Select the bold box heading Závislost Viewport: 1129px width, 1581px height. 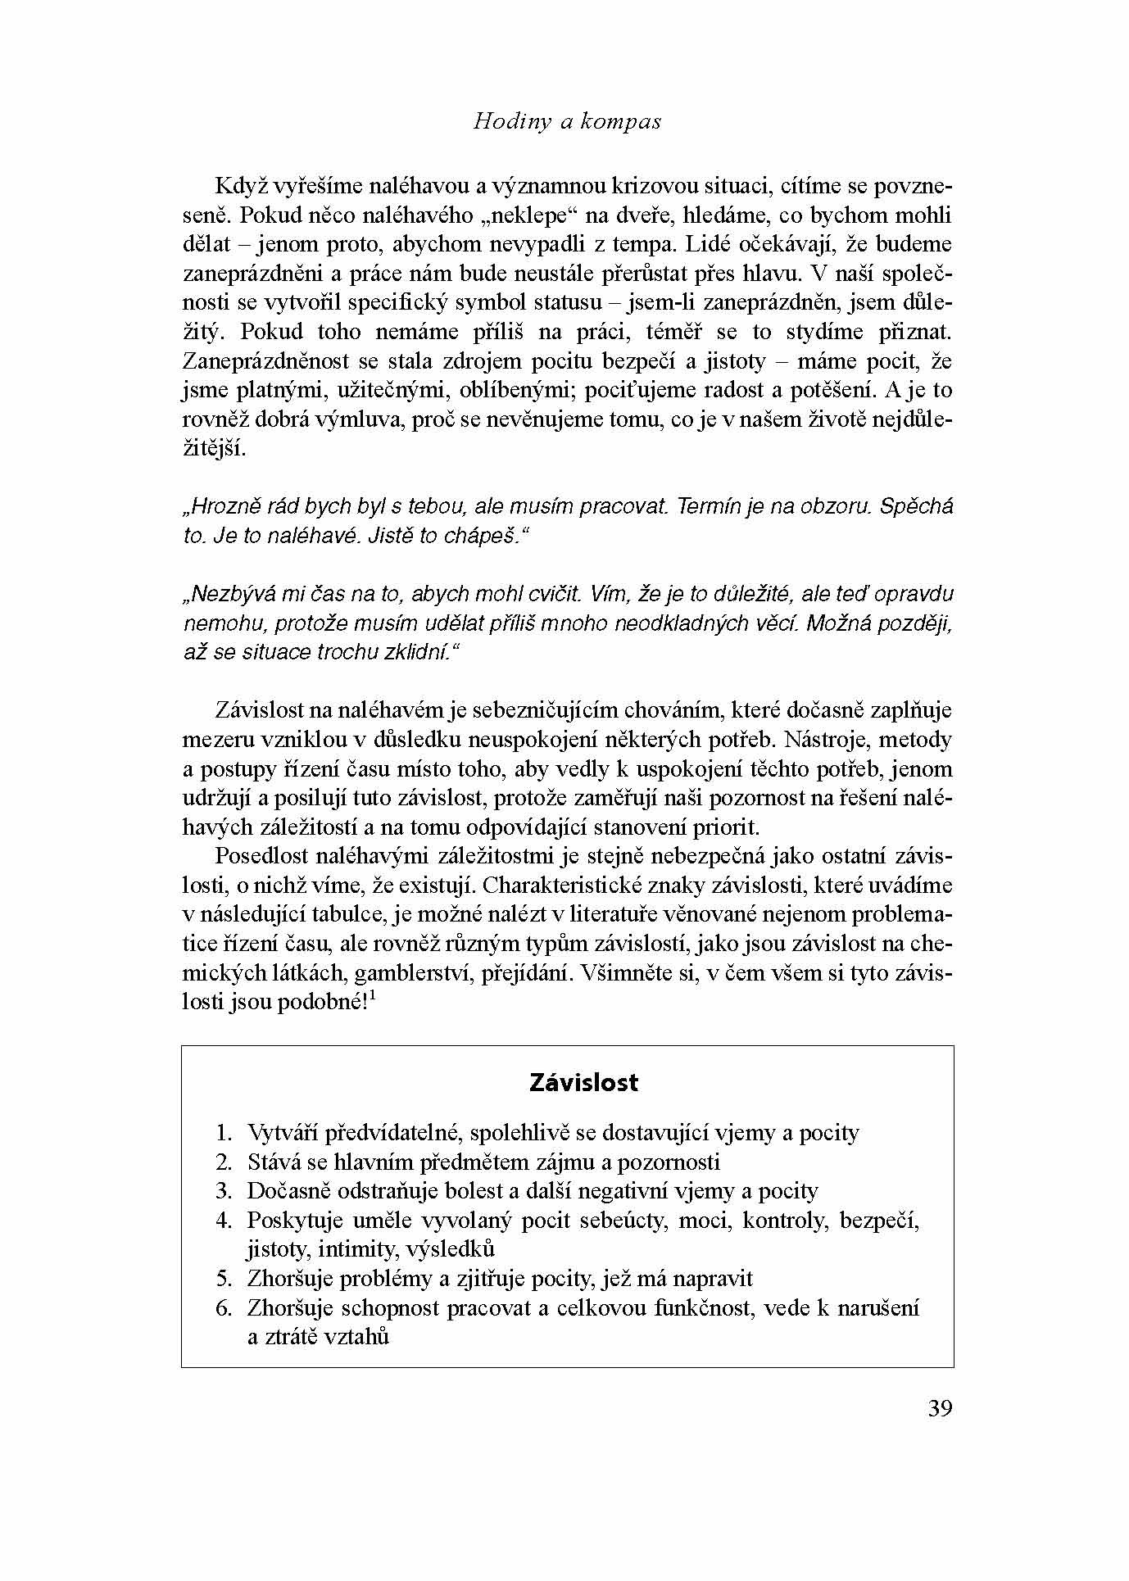click(583, 1082)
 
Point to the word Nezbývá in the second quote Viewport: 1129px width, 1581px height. click(227, 594)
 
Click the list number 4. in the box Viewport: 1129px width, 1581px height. click(224, 1220)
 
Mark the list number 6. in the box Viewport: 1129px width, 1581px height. click(224, 1307)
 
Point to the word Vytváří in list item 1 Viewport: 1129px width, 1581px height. click(284, 1133)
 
